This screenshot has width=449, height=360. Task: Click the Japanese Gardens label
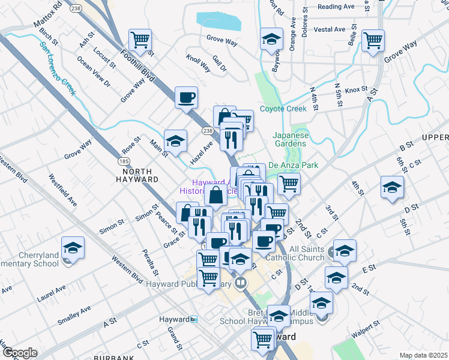291,139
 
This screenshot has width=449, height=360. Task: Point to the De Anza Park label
293,165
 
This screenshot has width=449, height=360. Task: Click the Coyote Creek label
283,109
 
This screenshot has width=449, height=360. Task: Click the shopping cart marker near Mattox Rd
140,41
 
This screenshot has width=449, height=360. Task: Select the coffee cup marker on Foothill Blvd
186,96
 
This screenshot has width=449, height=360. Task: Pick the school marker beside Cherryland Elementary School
73,247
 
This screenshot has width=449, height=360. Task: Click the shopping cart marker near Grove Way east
373,40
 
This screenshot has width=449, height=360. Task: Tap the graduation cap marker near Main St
175,140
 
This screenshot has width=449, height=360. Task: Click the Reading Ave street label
336,7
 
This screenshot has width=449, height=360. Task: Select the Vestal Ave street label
329,29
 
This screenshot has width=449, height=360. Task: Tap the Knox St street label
355,89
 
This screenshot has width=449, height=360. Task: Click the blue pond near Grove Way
219,21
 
